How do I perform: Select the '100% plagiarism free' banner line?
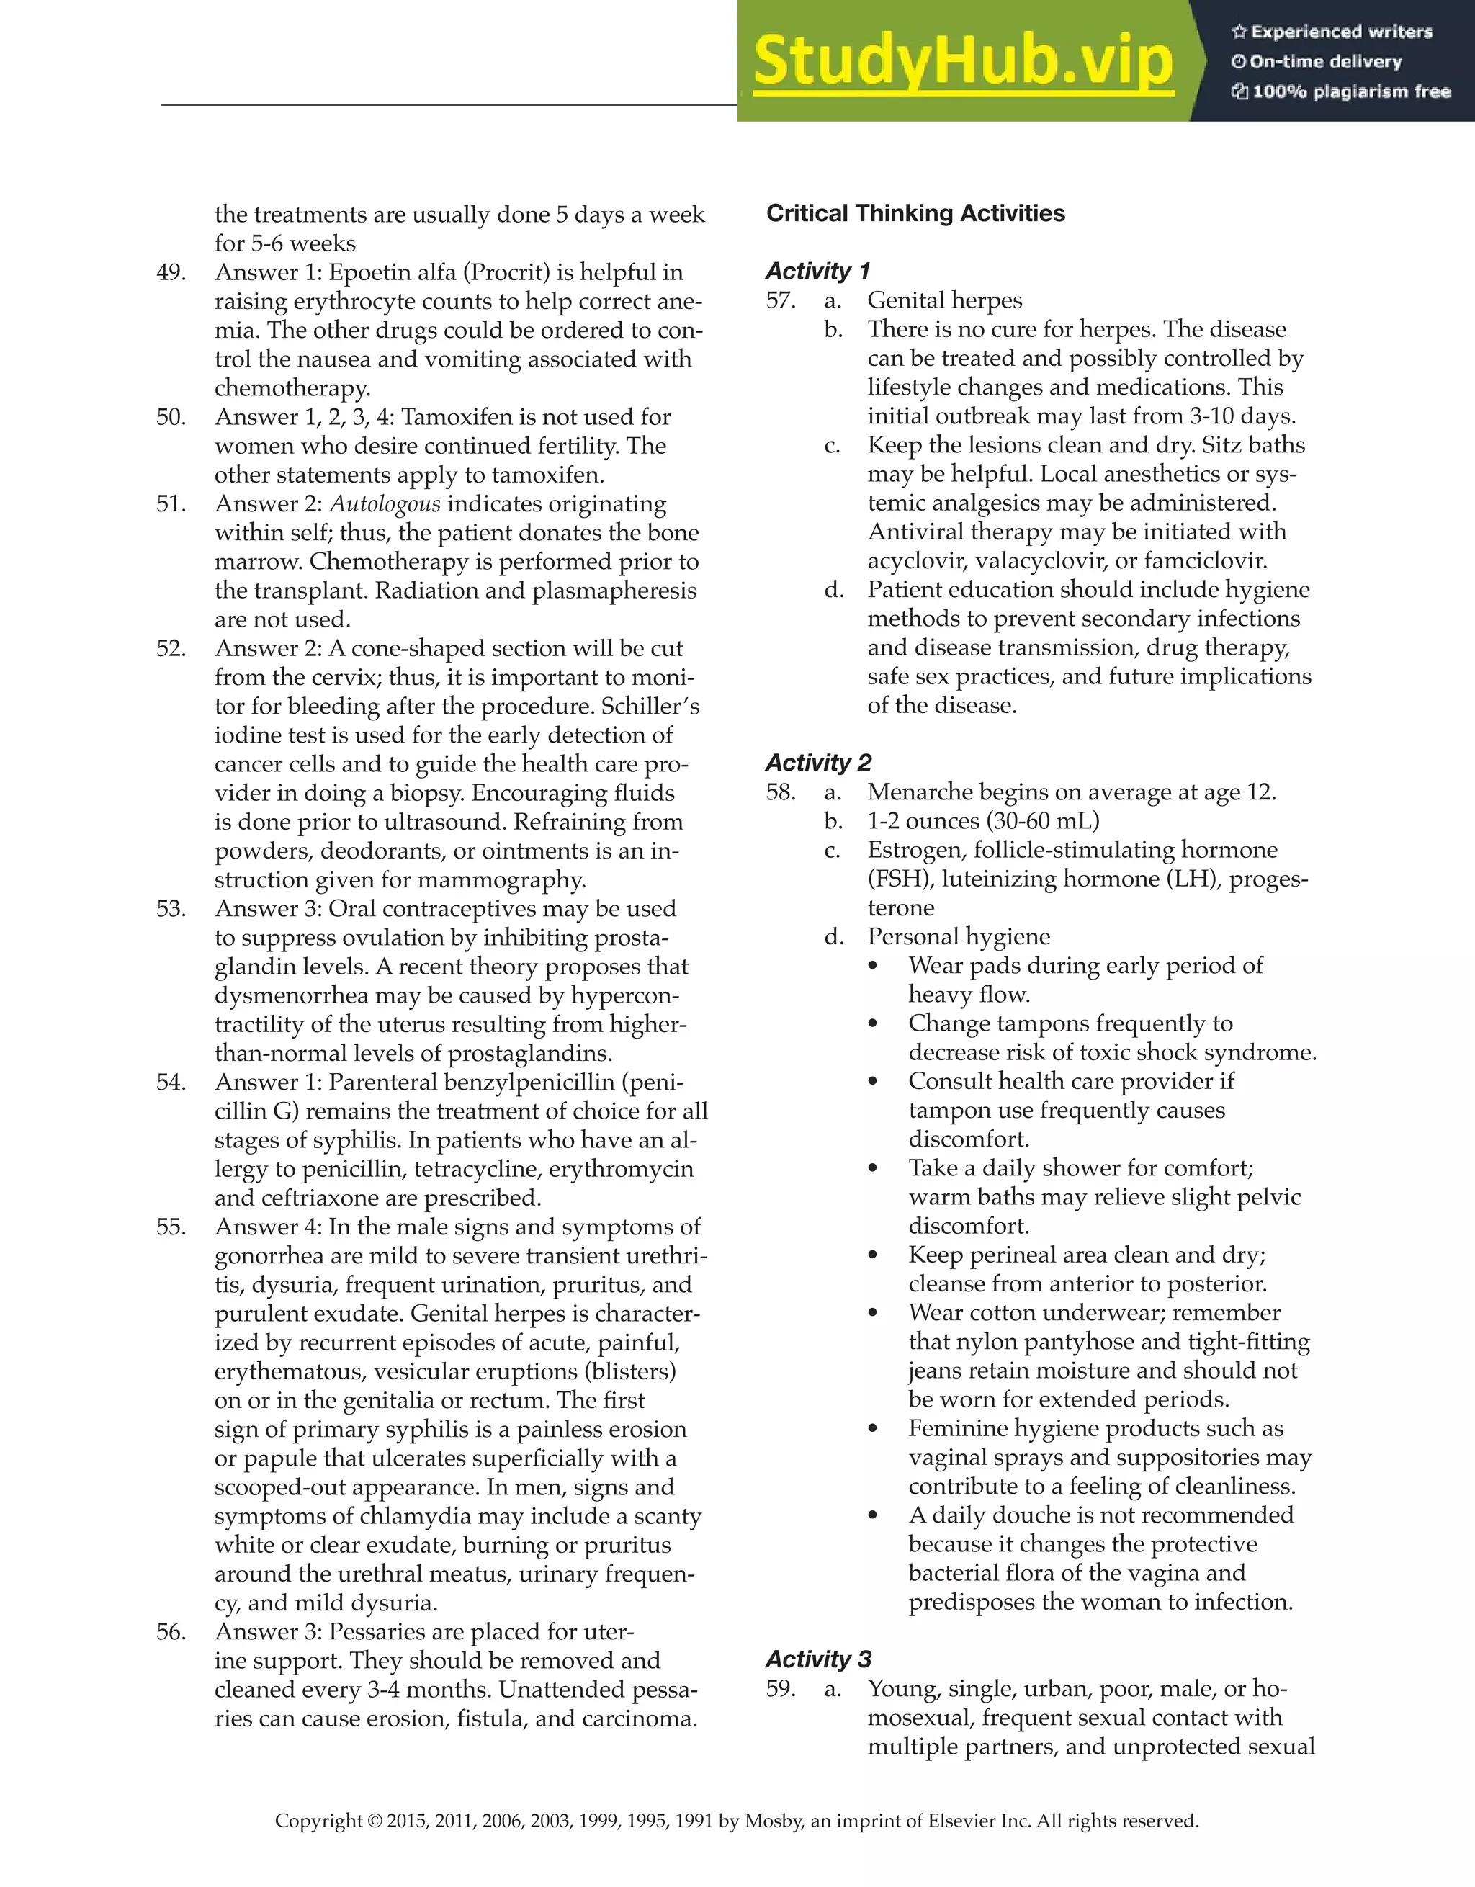point(1341,91)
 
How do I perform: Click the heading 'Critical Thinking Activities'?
point(915,213)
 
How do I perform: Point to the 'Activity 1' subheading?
point(817,272)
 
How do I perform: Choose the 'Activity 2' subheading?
point(817,763)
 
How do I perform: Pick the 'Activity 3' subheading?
point(817,1659)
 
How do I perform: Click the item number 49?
point(171,273)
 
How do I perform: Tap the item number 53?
point(171,909)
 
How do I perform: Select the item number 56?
point(171,1631)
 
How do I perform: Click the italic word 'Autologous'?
point(385,505)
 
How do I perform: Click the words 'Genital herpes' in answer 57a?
point(944,300)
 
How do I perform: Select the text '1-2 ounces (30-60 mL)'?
point(983,821)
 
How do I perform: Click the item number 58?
point(780,792)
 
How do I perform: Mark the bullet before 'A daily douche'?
point(873,1515)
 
